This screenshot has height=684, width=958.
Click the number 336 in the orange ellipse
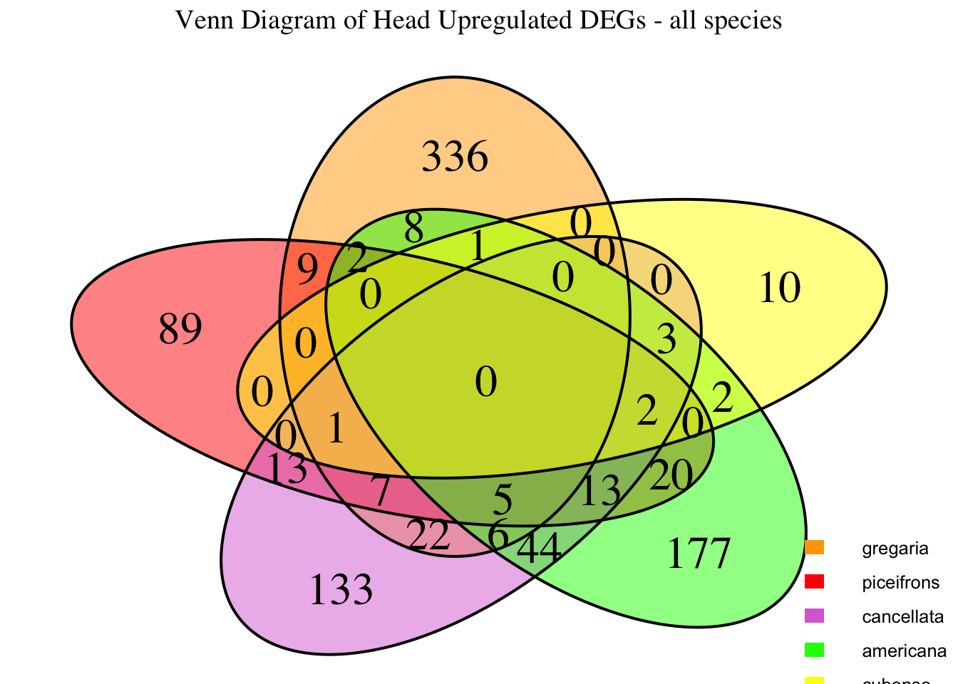point(455,157)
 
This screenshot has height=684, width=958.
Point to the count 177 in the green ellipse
point(699,554)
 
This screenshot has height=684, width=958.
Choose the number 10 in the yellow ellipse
point(779,289)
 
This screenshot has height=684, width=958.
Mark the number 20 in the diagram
point(671,475)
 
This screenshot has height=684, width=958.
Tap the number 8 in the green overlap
point(413,230)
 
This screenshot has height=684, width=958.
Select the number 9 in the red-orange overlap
point(307,271)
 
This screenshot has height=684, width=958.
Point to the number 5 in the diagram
point(503,501)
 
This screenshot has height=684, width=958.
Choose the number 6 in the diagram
point(498,534)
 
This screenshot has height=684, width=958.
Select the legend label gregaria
point(895,549)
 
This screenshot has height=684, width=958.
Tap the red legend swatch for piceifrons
point(814,582)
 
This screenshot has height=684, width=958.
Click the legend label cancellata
point(902,616)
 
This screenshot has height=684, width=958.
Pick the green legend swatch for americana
point(814,650)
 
